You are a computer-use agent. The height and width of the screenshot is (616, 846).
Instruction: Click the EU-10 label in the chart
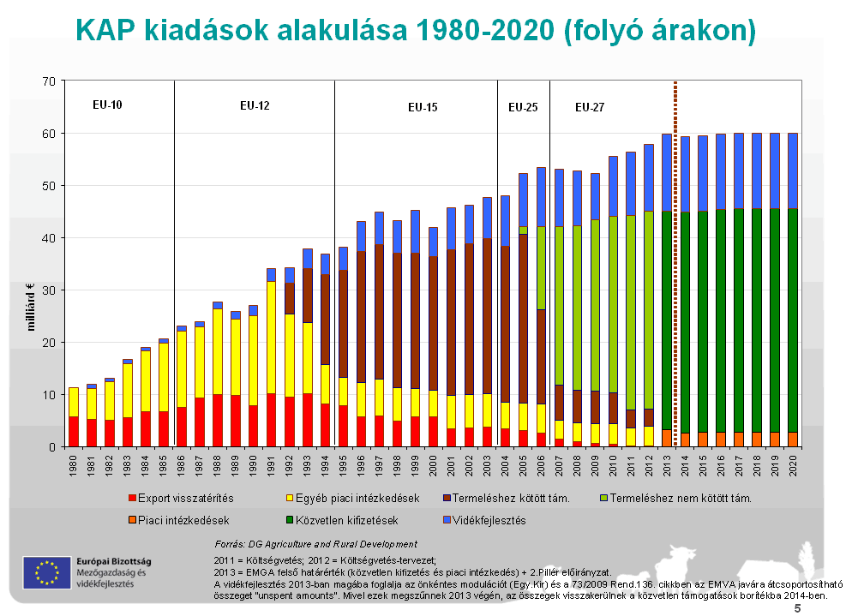(108, 105)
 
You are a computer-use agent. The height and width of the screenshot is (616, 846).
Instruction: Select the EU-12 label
(255, 106)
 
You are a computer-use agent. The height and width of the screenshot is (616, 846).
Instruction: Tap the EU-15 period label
(423, 108)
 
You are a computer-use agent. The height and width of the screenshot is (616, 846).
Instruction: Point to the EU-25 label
(523, 107)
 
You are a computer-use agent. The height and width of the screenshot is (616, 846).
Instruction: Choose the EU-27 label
(589, 107)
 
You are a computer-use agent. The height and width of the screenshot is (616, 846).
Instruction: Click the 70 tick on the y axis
(48, 81)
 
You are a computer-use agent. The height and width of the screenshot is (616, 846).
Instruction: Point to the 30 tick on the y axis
(48, 290)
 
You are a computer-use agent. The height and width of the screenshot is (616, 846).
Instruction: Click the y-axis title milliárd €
(31, 305)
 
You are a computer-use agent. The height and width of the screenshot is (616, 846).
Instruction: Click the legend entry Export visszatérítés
(180, 498)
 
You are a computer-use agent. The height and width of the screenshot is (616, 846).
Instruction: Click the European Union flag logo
(47, 571)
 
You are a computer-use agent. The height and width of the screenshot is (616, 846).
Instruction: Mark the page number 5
(797, 608)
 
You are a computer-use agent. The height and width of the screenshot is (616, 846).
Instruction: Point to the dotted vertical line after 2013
(675, 257)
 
